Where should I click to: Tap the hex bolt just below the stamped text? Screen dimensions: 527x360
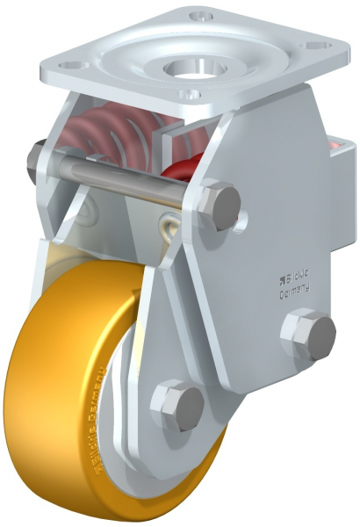tap(308, 334)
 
